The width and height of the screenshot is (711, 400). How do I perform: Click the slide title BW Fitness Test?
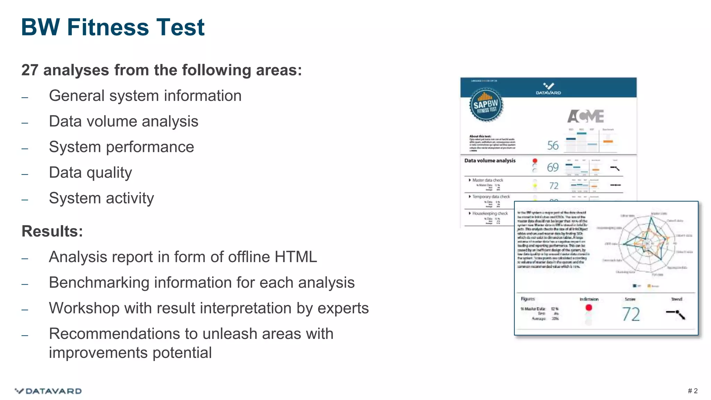click(113, 27)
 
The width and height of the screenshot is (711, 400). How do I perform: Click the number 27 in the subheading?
click(30, 70)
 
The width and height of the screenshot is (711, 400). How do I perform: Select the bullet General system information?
click(145, 96)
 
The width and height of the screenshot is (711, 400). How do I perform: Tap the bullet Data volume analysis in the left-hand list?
click(124, 122)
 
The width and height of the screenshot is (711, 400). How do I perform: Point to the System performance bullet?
click(122, 147)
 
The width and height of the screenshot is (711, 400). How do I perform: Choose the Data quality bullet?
click(90, 173)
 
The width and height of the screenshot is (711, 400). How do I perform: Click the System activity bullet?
click(101, 198)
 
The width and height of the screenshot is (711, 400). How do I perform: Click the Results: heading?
click(52, 231)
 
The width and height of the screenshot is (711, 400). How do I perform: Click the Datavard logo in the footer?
click(48, 391)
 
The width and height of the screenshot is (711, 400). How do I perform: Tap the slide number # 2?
click(692, 391)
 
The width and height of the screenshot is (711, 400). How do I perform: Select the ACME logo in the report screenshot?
click(586, 116)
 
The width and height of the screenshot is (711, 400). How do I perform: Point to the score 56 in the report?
click(553, 145)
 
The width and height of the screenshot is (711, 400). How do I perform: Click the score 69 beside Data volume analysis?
click(553, 167)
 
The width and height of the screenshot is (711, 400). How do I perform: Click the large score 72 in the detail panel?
click(631, 314)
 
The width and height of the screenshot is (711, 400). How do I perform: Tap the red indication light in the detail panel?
click(589, 308)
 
